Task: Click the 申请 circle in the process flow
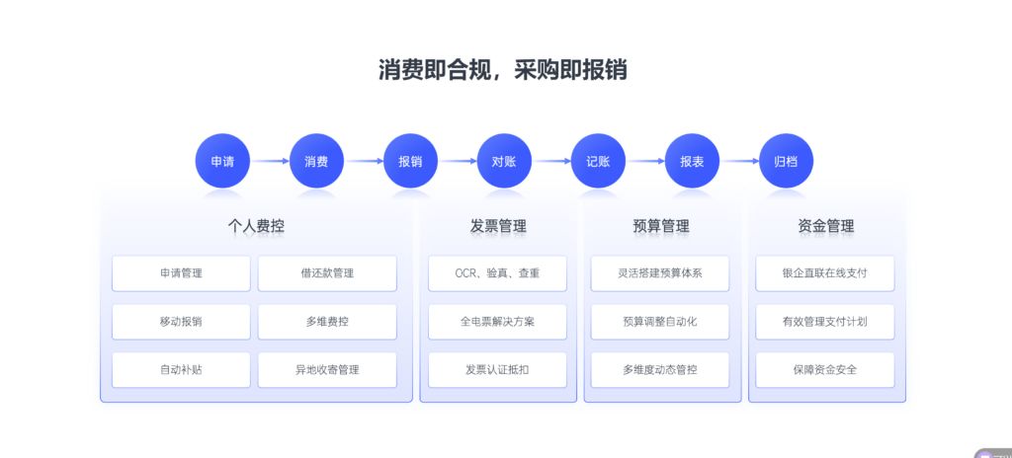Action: (222, 161)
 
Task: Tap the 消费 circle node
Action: (316, 161)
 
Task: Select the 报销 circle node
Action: (410, 161)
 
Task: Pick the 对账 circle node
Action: (504, 161)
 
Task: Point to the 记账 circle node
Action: (598, 161)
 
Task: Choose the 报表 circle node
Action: (692, 161)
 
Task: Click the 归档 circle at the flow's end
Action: (786, 161)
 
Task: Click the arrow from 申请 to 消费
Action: (269, 161)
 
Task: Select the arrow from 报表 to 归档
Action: (739, 161)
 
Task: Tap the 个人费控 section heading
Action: (256, 226)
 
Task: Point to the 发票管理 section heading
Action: (498, 226)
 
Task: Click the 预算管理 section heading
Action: (661, 226)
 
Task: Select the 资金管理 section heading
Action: (826, 226)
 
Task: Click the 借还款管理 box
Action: (327, 273)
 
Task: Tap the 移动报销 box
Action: (181, 322)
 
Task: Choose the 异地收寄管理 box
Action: (327, 370)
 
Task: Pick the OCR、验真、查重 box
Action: (497, 273)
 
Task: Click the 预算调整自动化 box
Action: (660, 322)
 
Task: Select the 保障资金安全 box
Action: (825, 370)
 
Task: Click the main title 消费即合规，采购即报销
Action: (503, 70)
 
